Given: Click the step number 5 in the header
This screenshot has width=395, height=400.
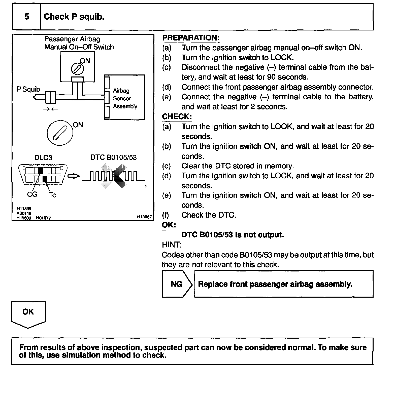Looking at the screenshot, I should (27, 17).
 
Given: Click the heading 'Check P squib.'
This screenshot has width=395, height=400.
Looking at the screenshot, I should (74, 17).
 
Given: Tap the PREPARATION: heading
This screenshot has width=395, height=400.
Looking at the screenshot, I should (191, 38).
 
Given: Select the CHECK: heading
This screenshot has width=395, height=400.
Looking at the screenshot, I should (177, 116).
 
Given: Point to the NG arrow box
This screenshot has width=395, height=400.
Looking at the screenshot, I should (177, 284).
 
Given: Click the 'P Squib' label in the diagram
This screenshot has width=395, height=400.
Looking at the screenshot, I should (28, 89).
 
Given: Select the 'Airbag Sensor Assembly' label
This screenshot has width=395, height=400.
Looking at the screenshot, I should (125, 98).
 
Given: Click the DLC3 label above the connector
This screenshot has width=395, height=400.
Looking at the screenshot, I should (43, 157).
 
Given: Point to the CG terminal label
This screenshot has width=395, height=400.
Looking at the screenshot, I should (32, 194).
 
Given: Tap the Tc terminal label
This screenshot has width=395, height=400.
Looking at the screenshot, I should (52, 195).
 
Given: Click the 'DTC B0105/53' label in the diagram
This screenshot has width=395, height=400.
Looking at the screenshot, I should (113, 157).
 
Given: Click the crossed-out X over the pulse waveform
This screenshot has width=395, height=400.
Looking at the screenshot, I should (114, 176).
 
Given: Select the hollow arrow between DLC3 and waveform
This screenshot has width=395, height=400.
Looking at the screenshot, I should (74, 176).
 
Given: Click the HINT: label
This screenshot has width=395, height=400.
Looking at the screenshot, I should (171, 245).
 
